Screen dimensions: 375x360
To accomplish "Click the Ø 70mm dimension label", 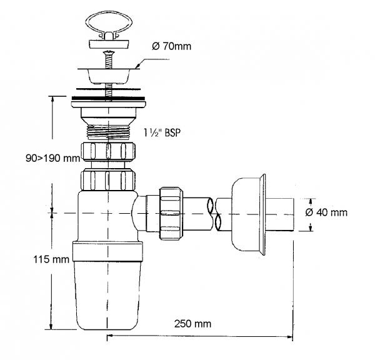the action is (171, 46).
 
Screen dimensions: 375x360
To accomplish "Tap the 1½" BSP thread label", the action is (162, 132).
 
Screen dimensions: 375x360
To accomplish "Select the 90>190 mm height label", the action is (53, 158).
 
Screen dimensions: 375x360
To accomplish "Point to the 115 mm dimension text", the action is (51, 259).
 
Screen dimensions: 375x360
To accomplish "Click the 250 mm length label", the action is (192, 324).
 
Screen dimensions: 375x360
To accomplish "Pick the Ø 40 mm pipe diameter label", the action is (326, 212).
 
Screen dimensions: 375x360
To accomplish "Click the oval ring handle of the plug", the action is (108, 24).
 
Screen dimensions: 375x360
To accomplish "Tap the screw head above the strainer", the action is (108, 53).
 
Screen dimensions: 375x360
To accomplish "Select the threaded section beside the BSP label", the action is (109, 131).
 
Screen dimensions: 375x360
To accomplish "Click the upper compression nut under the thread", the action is (108, 152).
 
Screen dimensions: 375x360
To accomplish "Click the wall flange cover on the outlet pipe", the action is (248, 214).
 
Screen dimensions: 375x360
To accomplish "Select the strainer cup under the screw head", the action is (108, 76).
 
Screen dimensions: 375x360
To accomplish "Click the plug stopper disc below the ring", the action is (109, 44).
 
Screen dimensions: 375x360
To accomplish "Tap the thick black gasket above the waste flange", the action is (108, 98).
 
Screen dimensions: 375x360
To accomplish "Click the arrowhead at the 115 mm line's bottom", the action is (51, 326).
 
